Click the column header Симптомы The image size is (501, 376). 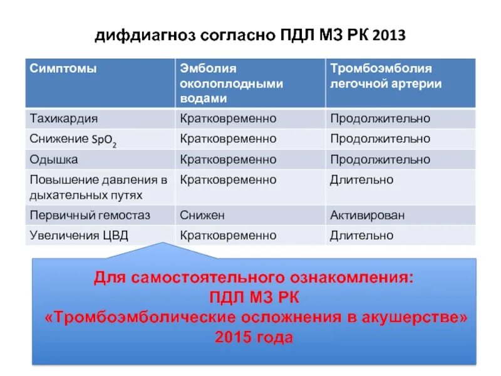coord(63,69)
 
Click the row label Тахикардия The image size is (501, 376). coord(64,118)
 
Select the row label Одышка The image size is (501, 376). coord(54,160)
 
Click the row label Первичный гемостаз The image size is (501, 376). coord(90,215)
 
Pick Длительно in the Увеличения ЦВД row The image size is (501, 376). coord(361,236)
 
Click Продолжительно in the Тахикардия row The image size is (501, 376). coord(380,118)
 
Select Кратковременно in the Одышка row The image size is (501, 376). coord(228,160)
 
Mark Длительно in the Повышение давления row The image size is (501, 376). coord(361,180)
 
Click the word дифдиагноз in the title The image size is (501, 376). coord(146,36)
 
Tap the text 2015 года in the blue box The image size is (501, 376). coord(254,338)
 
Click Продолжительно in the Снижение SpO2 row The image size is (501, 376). coord(380,138)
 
